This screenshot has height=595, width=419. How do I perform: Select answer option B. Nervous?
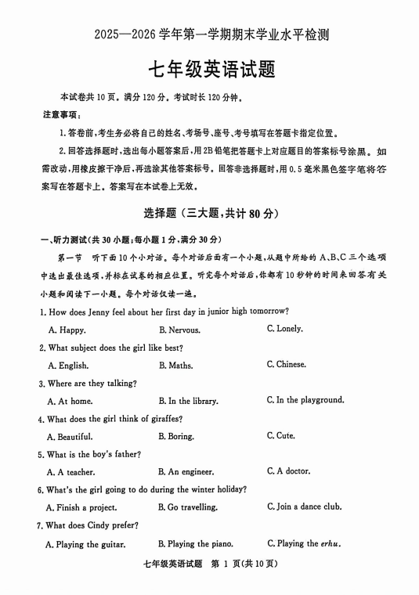coord(179,330)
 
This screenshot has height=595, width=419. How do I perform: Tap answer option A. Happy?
coord(67,330)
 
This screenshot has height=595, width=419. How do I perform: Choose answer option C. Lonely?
coord(284,329)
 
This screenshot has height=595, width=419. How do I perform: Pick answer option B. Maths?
coord(175,366)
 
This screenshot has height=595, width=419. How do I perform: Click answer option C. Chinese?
coord(286,365)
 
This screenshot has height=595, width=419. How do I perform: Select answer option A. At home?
coord(70,401)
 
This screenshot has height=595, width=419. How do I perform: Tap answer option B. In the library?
coord(188,401)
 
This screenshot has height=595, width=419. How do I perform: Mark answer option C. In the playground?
coord(305,400)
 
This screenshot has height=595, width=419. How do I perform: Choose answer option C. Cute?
coord(280,436)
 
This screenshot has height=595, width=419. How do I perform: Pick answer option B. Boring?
coord(176,437)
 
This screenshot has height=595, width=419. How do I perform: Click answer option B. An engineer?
coord(186,472)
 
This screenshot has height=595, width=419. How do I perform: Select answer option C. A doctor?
coord(287,471)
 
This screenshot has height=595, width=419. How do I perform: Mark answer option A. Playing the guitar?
coord(85,544)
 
